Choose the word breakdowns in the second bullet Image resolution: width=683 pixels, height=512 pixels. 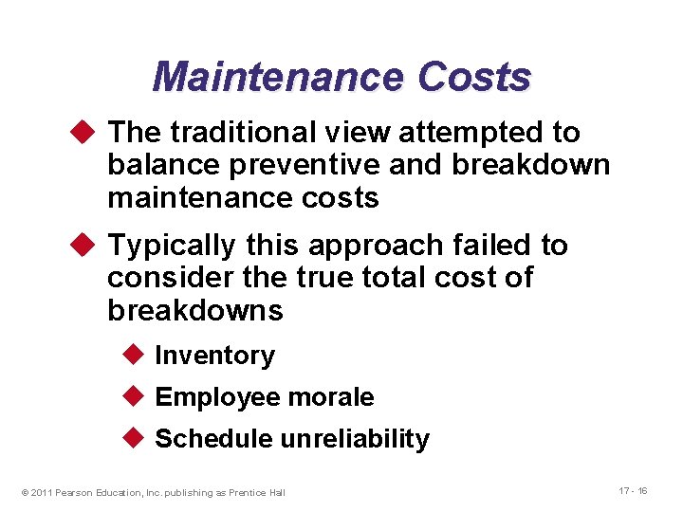tap(194, 310)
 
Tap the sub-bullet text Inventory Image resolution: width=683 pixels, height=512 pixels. tap(214, 356)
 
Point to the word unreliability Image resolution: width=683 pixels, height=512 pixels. tap(355, 439)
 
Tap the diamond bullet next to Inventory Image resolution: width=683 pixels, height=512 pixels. tap(134, 356)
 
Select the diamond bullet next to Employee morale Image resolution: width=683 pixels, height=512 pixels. tap(134, 397)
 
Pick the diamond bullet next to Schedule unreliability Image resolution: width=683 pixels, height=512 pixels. tap(134, 439)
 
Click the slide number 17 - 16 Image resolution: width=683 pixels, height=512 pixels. tap(633, 490)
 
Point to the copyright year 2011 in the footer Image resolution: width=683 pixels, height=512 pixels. tap(41, 492)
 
